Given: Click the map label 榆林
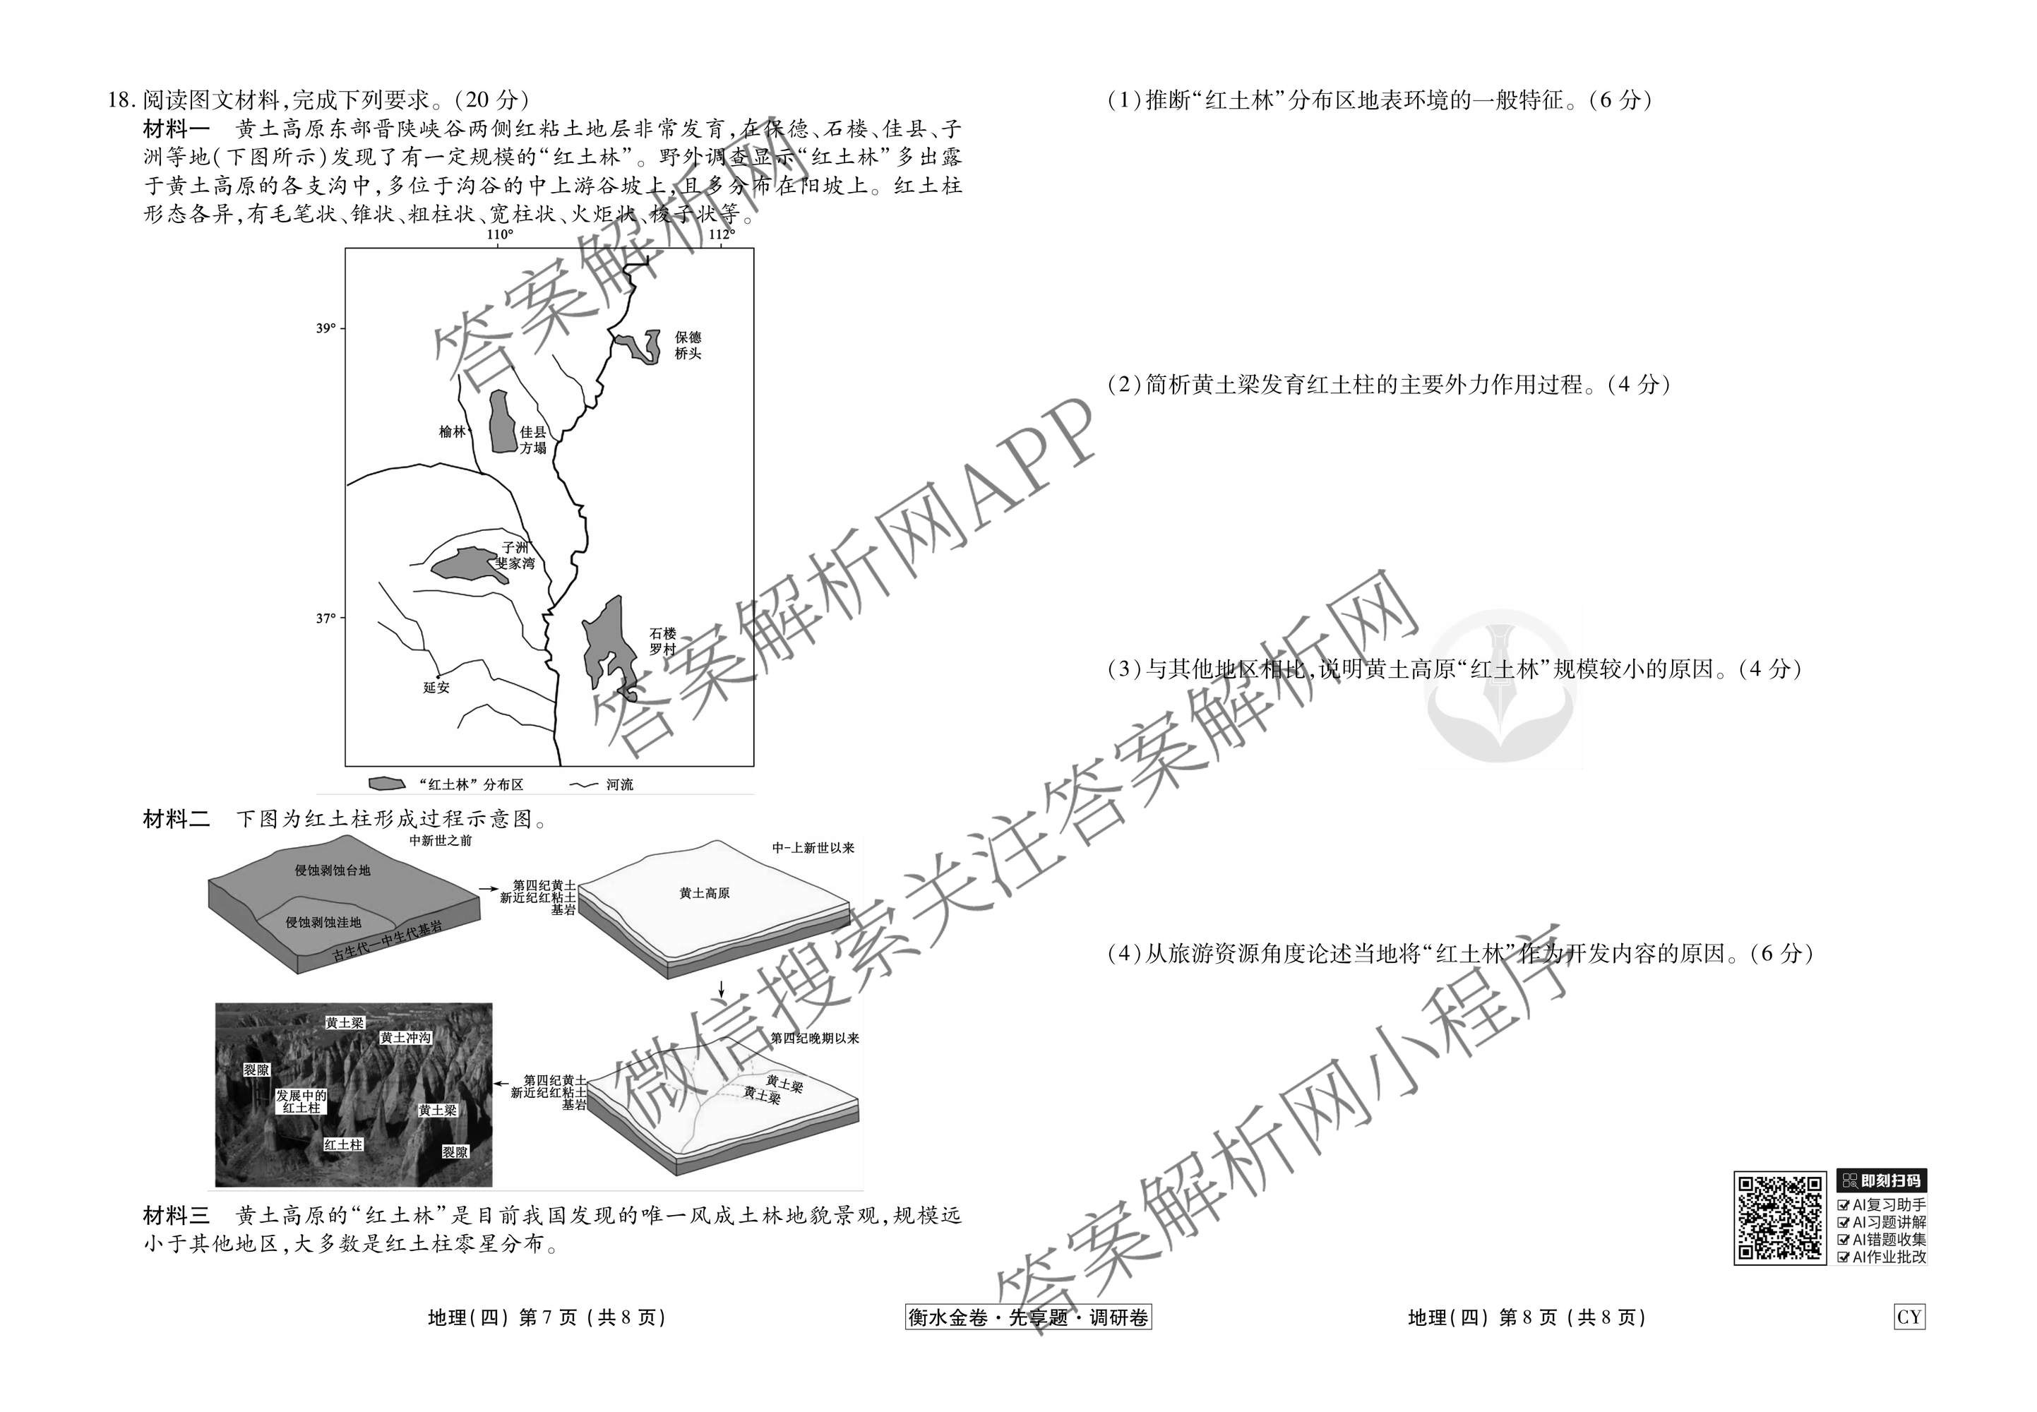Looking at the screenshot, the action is (x=452, y=432).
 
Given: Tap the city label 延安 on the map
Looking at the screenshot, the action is (x=436, y=688).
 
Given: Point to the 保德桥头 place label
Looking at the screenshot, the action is (x=688, y=345).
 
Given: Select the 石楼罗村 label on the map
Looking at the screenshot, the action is (x=663, y=642).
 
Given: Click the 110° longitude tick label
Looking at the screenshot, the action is (x=499, y=234).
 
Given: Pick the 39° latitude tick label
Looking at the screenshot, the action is (x=325, y=328).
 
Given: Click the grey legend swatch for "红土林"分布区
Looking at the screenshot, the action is (x=387, y=784).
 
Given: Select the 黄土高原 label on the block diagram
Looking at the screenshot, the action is (x=705, y=894).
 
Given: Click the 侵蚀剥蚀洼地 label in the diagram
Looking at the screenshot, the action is (x=323, y=923).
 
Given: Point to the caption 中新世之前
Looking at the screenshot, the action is (x=441, y=840).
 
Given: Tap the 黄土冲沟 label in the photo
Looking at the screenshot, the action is (x=406, y=1038).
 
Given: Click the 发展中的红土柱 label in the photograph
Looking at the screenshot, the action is (x=301, y=1101).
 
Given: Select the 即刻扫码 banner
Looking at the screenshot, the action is (x=1881, y=1181).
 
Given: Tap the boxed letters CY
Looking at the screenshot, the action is (x=1908, y=1317).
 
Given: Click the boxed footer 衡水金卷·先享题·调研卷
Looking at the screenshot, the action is (x=1028, y=1317).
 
